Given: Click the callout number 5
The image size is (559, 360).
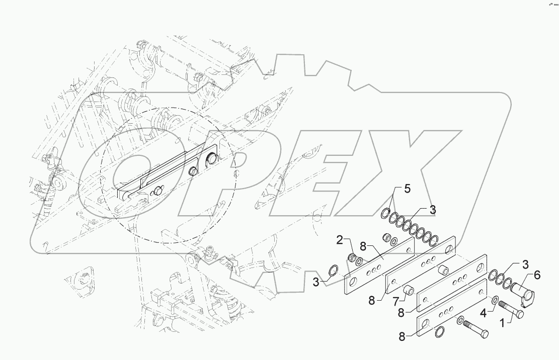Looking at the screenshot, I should (407, 190).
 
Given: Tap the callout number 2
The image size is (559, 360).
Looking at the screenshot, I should (341, 241).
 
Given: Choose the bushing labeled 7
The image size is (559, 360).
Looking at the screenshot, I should (410, 290).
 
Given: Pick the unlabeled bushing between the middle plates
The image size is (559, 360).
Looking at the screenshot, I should (444, 269).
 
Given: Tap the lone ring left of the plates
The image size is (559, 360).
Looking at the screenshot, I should (332, 272).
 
